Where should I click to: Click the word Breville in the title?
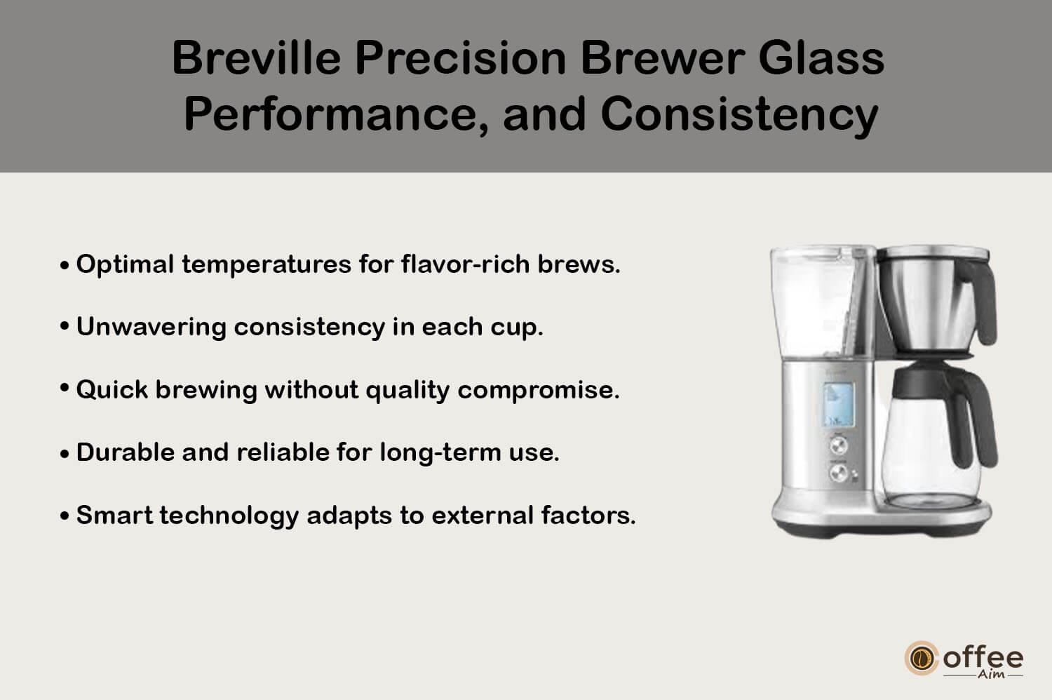257,58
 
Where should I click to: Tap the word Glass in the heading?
821,58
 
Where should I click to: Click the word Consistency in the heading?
739,114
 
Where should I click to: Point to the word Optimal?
126,264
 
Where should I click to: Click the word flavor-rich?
466,264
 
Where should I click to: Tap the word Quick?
112,389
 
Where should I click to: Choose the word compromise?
539,391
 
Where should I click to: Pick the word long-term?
440,452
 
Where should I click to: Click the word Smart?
114,515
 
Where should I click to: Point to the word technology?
229,516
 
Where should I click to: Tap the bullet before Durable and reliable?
65,454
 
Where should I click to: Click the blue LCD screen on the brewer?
838,405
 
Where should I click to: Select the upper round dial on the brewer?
838,445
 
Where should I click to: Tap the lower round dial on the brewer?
838,473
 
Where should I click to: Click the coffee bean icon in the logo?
921,658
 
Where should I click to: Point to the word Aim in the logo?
991,674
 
